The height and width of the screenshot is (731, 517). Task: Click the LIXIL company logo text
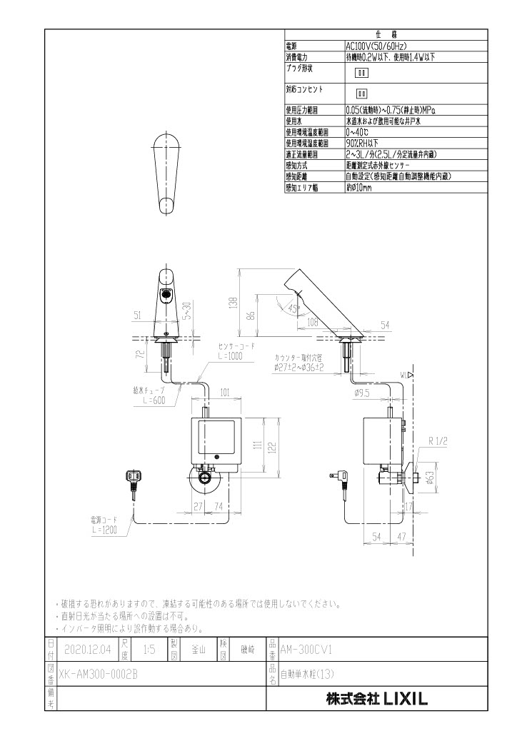coord(376,700)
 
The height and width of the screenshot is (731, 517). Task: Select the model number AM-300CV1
coord(308,650)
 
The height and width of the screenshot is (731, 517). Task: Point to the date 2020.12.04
coord(86,650)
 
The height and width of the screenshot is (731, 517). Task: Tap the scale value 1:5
coord(149,650)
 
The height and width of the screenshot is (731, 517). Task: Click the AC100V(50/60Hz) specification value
coord(376,44)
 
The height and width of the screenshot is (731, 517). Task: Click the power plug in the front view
coord(132,476)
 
